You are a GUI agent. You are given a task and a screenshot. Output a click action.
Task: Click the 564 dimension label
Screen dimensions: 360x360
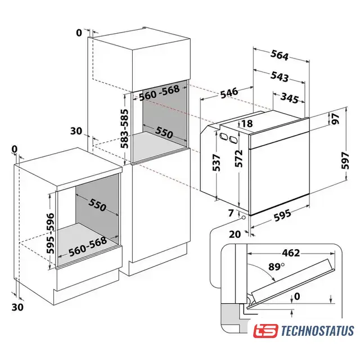pyautogui.click(x=280, y=55)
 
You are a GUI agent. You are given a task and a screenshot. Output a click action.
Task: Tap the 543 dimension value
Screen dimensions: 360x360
pyautogui.click(x=280, y=76)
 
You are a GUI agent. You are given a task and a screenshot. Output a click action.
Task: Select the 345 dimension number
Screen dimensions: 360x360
pyautogui.click(x=290, y=98)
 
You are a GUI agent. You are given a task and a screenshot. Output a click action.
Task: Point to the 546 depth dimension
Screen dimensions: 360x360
pyautogui.click(x=229, y=93)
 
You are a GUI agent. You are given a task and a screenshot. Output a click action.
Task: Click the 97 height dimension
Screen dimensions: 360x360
pyautogui.click(x=336, y=119)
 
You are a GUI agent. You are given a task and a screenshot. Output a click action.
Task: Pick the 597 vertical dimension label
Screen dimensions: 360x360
pyautogui.click(x=345, y=160)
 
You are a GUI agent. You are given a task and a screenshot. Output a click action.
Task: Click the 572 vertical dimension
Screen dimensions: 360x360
pyautogui.click(x=238, y=159)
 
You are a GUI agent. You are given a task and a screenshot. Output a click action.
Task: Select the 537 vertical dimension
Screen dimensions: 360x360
pyautogui.click(x=217, y=163)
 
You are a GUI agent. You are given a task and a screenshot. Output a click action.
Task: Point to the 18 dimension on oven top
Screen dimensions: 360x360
pyautogui.click(x=247, y=124)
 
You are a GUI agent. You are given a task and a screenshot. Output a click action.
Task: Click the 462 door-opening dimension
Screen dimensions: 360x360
pyautogui.click(x=291, y=253)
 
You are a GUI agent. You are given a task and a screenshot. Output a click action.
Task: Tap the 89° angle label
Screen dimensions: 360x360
pyautogui.click(x=276, y=267)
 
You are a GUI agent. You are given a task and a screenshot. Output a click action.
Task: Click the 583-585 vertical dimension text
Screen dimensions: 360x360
pyautogui.click(x=124, y=129)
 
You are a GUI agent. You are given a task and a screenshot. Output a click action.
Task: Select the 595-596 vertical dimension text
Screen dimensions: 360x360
pyautogui.click(x=51, y=233)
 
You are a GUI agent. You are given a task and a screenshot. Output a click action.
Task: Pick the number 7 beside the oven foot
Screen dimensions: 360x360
pyautogui.click(x=231, y=213)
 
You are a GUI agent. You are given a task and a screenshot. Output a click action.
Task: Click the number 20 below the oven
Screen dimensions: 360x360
pyautogui.click(x=235, y=234)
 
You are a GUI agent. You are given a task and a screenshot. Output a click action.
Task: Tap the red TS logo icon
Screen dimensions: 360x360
pyautogui.click(x=265, y=331)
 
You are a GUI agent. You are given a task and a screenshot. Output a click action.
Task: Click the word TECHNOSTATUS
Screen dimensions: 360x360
pyautogui.click(x=317, y=331)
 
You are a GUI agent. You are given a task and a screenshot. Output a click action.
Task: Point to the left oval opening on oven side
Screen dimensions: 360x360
pyautogui.click(x=223, y=136)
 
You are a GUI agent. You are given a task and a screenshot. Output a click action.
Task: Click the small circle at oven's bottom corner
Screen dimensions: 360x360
pyautogui.click(x=243, y=217)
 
